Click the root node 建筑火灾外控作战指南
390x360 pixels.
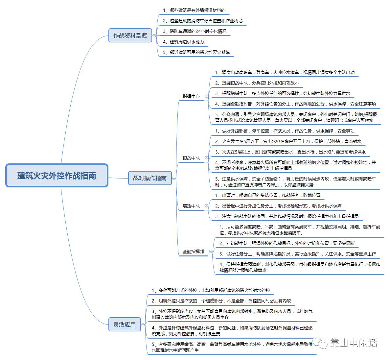pos(57,176)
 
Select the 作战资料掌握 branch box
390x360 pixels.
pos(130,35)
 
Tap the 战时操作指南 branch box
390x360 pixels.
pos(149,178)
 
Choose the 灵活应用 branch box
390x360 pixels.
pos(125,324)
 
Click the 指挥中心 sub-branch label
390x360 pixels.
pos(191,96)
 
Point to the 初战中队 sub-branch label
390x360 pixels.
pos(191,158)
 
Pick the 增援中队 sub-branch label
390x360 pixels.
pos(191,206)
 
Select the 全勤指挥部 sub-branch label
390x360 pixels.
pos(193,252)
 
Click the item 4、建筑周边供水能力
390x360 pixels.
pos(184,42)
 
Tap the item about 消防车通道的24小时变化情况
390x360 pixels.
pos(195,31)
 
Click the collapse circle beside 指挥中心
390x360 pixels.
pos(206,96)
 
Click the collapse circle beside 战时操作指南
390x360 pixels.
pos(174,179)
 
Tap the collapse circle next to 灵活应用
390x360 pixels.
pos(143,324)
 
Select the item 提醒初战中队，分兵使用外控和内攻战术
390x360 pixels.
pos(257,83)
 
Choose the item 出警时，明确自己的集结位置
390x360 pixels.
pos(268,195)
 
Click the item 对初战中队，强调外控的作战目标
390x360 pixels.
pos(287,243)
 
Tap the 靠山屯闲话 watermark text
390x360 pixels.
pos(353,343)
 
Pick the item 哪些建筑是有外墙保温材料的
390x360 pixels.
pos(194,10)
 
